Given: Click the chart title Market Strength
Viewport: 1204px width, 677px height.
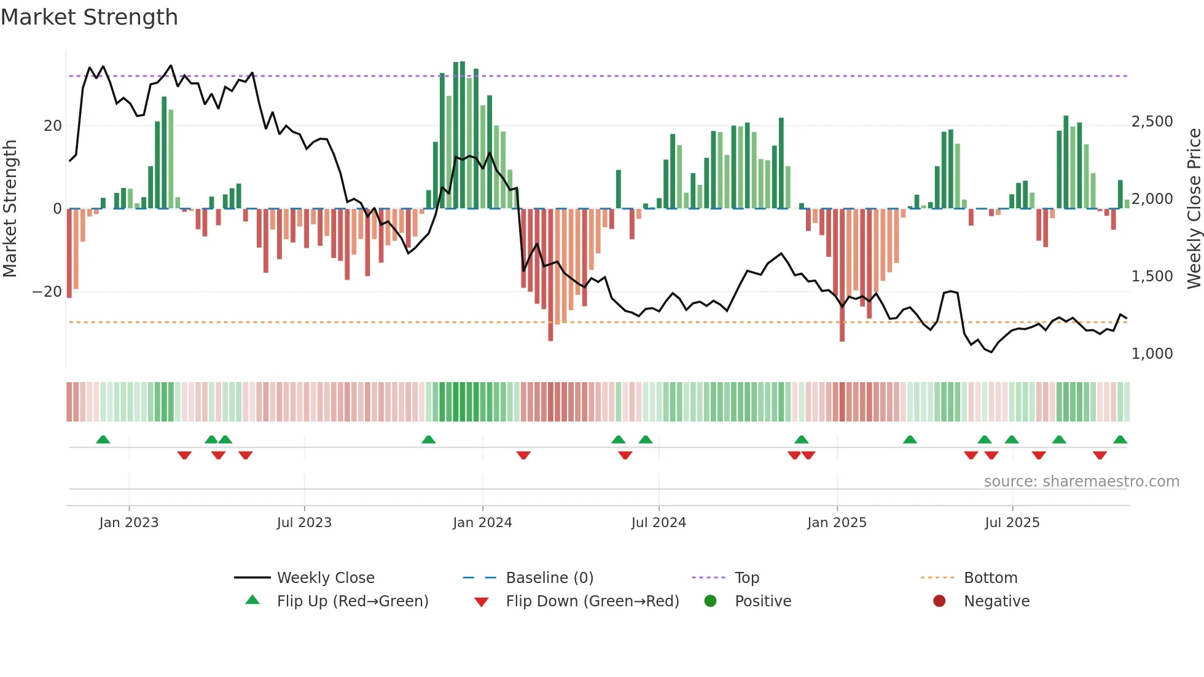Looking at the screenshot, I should click(89, 17).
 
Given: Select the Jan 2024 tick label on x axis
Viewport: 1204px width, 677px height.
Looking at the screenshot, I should click(482, 523).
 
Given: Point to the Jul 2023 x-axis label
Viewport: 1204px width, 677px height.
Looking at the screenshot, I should click(304, 523).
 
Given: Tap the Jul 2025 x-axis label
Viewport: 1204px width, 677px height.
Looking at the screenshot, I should click(1012, 523).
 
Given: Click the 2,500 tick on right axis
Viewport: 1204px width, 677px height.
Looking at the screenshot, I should click(1152, 122).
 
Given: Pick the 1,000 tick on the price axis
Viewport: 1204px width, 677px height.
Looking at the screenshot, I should click(1152, 354).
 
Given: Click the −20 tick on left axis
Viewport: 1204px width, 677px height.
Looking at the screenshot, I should click(47, 292).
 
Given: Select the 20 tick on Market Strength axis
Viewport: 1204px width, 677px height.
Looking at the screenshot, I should click(53, 126).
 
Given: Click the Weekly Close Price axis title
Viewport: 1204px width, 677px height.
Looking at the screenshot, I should click(1194, 209).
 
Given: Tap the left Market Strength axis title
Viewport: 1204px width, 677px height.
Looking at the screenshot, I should click(10, 209).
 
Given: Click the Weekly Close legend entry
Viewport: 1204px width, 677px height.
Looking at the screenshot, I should click(325, 578).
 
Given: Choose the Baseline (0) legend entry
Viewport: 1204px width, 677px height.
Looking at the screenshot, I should click(549, 578).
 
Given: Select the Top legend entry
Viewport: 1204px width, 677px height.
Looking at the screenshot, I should click(746, 578).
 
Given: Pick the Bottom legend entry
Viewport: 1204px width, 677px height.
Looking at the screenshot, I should click(990, 578).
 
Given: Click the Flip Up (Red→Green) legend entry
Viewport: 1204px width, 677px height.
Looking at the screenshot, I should click(352, 601).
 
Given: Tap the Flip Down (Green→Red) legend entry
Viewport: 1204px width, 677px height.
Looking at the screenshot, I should click(592, 601).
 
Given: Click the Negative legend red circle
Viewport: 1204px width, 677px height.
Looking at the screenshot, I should click(939, 601).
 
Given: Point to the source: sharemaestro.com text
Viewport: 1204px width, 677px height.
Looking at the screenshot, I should click(1081, 482).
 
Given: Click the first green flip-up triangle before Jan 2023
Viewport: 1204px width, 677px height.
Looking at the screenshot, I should click(103, 440).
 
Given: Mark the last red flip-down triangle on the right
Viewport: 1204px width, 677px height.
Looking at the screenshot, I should click(1100, 455).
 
